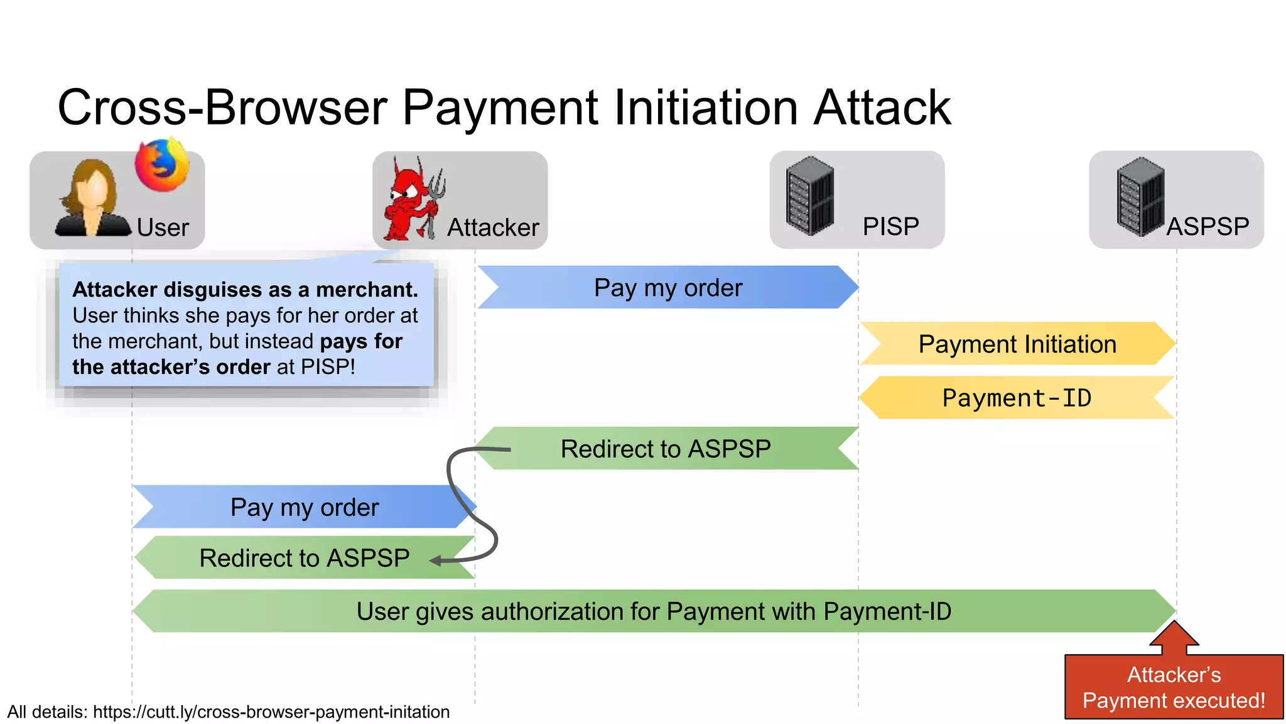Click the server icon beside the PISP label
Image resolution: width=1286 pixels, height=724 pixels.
[810, 196]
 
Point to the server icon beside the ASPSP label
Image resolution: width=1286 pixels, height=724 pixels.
[1140, 196]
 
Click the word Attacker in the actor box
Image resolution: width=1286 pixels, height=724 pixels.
[493, 228]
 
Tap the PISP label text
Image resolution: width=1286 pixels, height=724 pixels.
[890, 226]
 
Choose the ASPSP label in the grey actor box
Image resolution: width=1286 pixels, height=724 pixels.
[1208, 226]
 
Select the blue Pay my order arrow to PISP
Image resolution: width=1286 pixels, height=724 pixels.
[667, 288]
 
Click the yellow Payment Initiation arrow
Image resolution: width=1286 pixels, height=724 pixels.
[1017, 344]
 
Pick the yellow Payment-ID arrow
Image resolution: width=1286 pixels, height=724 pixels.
[1017, 398]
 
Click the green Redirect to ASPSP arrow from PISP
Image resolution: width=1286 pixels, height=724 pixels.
[666, 449]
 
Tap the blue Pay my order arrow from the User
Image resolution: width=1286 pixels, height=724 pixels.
[305, 507]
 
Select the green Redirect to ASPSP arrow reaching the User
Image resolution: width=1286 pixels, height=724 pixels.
[305, 558]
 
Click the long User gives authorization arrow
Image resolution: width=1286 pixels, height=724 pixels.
[653, 612]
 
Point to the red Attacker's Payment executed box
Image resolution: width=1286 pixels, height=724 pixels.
[1174, 688]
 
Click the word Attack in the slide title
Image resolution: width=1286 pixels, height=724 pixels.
[882, 108]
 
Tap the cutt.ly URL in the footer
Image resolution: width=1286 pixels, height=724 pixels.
[271, 712]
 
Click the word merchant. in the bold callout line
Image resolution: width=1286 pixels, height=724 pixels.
[367, 290]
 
